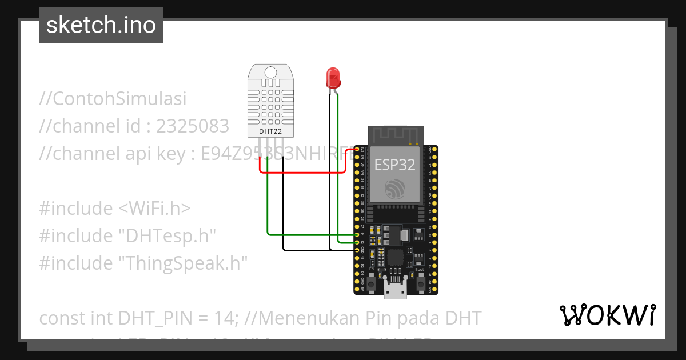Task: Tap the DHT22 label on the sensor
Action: coord(270,132)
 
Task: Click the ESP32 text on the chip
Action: coord(394,165)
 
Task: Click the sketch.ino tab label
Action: coord(101,25)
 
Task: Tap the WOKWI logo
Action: coord(608,315)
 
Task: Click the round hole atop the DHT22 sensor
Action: coord(270,72)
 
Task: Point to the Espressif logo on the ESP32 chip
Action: coord(395,188)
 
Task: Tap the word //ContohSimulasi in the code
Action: coord(113,99)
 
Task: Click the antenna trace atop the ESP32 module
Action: coord(394,135)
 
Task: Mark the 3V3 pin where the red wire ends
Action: coord(357,150)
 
